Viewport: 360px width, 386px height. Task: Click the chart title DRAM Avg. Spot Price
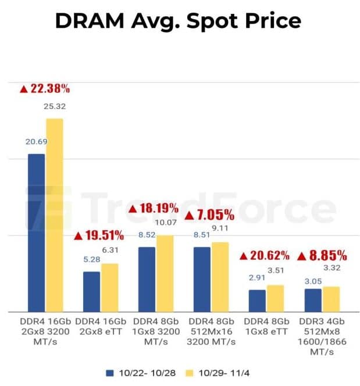tap(179, 22)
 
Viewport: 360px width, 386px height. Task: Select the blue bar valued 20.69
tap(37, 233)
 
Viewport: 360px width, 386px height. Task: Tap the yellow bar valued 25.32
tap(55, 215)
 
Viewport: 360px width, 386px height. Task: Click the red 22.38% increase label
tap(45, 88)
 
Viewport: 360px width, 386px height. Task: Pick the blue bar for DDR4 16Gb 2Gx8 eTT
tap(92, 292)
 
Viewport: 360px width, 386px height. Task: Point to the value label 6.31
tap(110, 250)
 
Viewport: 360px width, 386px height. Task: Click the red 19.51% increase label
tap(99, 235)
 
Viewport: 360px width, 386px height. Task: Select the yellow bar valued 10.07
tap(165, 273)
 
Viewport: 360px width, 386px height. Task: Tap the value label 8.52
tap(147, 235)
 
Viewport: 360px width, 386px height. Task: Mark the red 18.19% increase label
tap(154, 209)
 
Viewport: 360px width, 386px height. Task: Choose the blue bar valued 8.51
tap(202, 280)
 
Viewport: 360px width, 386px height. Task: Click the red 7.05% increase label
tap(209, 215)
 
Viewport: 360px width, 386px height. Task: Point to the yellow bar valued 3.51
tap(275, 298)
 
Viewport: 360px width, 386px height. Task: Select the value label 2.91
tap(257, 278)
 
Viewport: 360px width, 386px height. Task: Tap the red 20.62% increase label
tap(265, 256)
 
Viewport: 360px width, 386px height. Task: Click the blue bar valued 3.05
tap(313, 301)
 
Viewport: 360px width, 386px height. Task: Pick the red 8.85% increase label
tap(322, 256)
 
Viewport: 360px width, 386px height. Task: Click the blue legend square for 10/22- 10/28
tap(110, 373)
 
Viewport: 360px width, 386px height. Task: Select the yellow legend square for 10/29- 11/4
tap(190, 373)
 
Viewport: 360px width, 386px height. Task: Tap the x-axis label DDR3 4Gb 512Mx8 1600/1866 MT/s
tap(322, 337)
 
